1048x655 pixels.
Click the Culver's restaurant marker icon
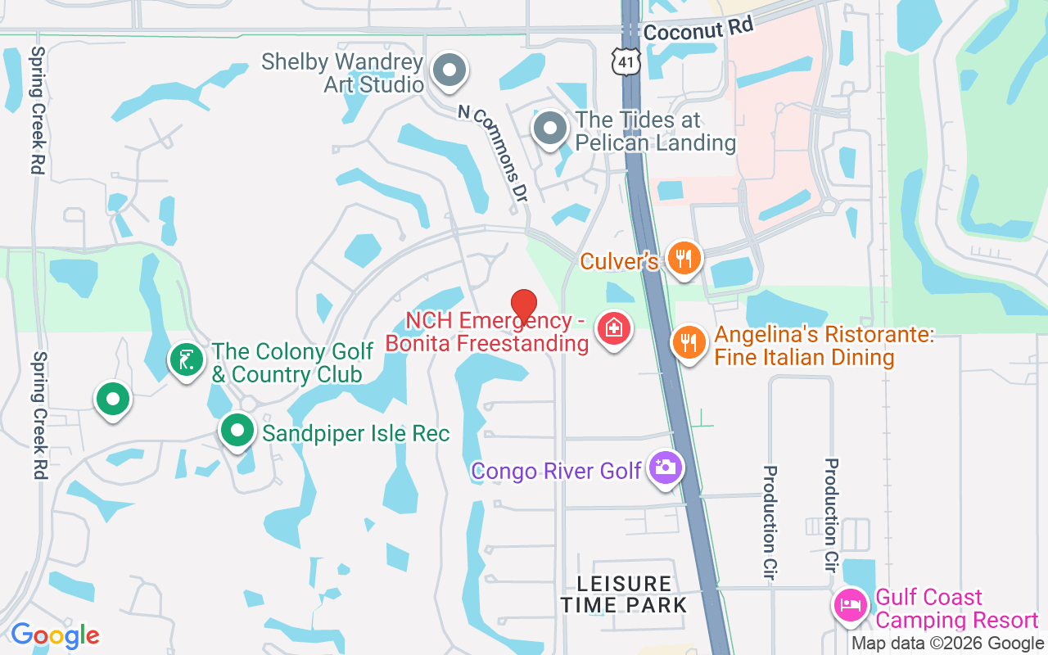coord(682,259)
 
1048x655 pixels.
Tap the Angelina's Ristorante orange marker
coord(689,342)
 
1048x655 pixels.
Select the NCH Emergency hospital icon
coord(612,329)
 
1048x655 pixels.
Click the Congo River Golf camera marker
coord(665,468)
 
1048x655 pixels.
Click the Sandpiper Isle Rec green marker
coord(237,430)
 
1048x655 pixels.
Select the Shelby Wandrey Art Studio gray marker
coord(449,70)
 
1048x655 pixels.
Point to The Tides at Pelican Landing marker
coord(550,129)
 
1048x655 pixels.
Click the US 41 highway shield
coord(626,61)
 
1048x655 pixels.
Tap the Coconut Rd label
coord(698,30)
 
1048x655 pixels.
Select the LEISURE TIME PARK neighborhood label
coord(624,594)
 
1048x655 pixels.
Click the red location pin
coord(523,306)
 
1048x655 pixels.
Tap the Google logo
coord(55,635)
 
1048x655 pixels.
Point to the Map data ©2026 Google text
coord(948,644)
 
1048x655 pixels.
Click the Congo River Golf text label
coord(557,471)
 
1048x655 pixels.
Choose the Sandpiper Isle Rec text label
coord(356,433)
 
